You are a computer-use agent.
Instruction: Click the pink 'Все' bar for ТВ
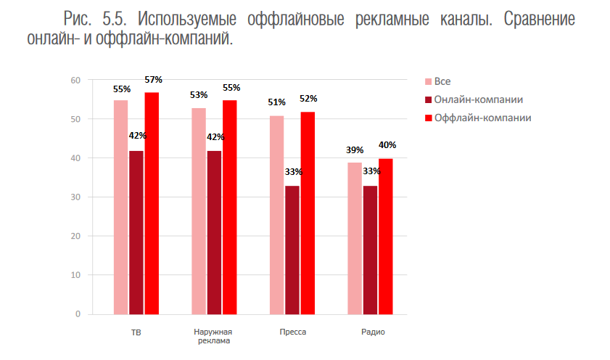click(120, 207)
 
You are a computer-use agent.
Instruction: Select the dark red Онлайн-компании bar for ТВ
click(136, 232)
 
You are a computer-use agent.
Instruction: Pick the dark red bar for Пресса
click(292, 250)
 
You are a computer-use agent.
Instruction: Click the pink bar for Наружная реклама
click(199, 210)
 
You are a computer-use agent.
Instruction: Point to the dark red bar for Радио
click(371, 250)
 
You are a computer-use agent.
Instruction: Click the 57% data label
click(153, 80)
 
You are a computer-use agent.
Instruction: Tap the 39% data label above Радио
click(355, 150)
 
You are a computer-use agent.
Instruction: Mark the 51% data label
click(276, 102)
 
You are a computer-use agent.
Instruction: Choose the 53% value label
click(199, 94)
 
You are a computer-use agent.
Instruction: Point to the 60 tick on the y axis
click(75, 80)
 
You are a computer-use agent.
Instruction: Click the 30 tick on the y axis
click(75, 197)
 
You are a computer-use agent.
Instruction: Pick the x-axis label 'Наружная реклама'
click(214, 336)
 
